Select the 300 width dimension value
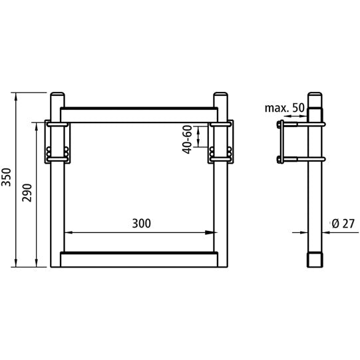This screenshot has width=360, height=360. coord(140,224)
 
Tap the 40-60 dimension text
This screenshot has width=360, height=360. coord(188,138)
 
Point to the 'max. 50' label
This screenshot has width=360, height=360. coord(284,108)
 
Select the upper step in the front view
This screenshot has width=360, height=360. coord(139,113)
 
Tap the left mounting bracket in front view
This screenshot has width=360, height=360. coord(58,141)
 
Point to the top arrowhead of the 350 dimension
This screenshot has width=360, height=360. coord(15,95)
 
